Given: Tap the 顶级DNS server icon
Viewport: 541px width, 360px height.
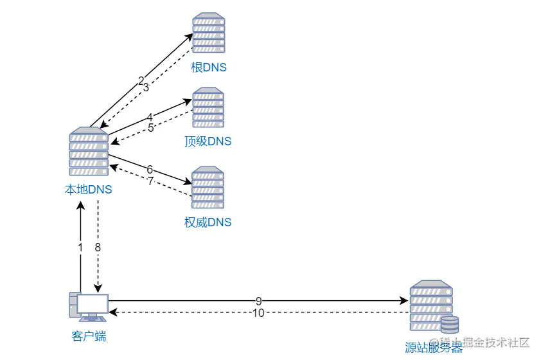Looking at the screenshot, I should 208,107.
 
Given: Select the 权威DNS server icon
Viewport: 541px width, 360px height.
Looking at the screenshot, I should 208,188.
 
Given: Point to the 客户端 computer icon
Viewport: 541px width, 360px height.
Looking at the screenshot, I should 89,307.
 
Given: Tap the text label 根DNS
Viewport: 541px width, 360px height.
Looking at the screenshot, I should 209,67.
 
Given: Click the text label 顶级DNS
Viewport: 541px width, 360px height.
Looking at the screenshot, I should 208,141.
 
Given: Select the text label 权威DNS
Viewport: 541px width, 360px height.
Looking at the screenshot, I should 208,222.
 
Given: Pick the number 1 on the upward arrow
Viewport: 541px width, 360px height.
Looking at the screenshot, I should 80,247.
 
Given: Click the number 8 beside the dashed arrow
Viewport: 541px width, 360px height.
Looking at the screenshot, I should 98,247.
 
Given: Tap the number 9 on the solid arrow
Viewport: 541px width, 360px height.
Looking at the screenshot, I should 258,300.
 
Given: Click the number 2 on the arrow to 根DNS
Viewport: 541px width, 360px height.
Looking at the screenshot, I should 141,81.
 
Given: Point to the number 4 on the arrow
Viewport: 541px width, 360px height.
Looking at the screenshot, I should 150,117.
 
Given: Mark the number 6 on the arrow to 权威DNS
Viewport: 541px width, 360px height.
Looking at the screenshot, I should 150,169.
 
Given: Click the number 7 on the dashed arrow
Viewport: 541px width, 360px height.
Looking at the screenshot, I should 151,181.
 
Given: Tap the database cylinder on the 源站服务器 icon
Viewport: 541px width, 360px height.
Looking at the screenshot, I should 450,324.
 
